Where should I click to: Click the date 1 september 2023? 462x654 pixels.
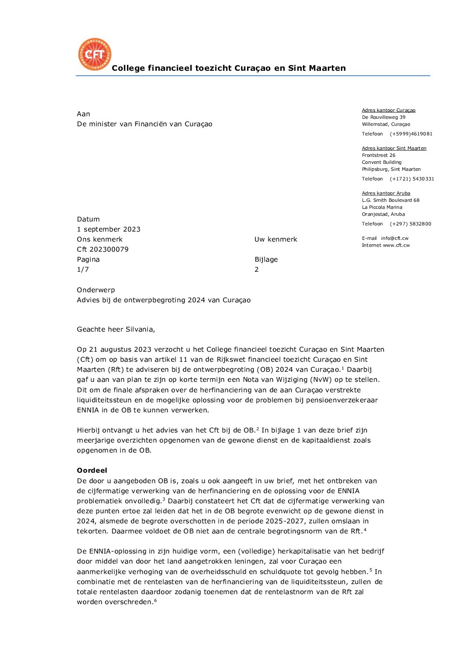109,229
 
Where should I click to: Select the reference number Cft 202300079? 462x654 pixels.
103,249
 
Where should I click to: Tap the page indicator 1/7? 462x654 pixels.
83,270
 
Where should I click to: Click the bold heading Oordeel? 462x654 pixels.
92,471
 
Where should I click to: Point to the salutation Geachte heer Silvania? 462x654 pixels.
116,329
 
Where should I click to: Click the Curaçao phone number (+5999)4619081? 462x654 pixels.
411,134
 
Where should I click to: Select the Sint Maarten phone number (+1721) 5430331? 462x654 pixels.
412,179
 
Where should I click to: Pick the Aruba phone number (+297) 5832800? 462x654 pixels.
410,224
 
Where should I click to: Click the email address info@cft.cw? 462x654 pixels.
395,239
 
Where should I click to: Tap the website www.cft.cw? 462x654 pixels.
396,246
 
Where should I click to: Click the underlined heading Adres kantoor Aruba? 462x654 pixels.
386,194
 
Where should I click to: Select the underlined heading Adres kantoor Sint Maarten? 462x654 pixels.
394,149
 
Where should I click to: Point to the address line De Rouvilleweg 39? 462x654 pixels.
383,118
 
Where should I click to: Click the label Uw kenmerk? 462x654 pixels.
276,239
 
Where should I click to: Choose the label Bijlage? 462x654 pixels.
266,260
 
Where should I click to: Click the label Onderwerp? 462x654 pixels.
96,290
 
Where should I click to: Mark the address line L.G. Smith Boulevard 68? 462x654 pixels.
390,201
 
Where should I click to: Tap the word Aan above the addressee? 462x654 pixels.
83,114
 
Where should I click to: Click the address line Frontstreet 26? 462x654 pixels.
379,156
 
